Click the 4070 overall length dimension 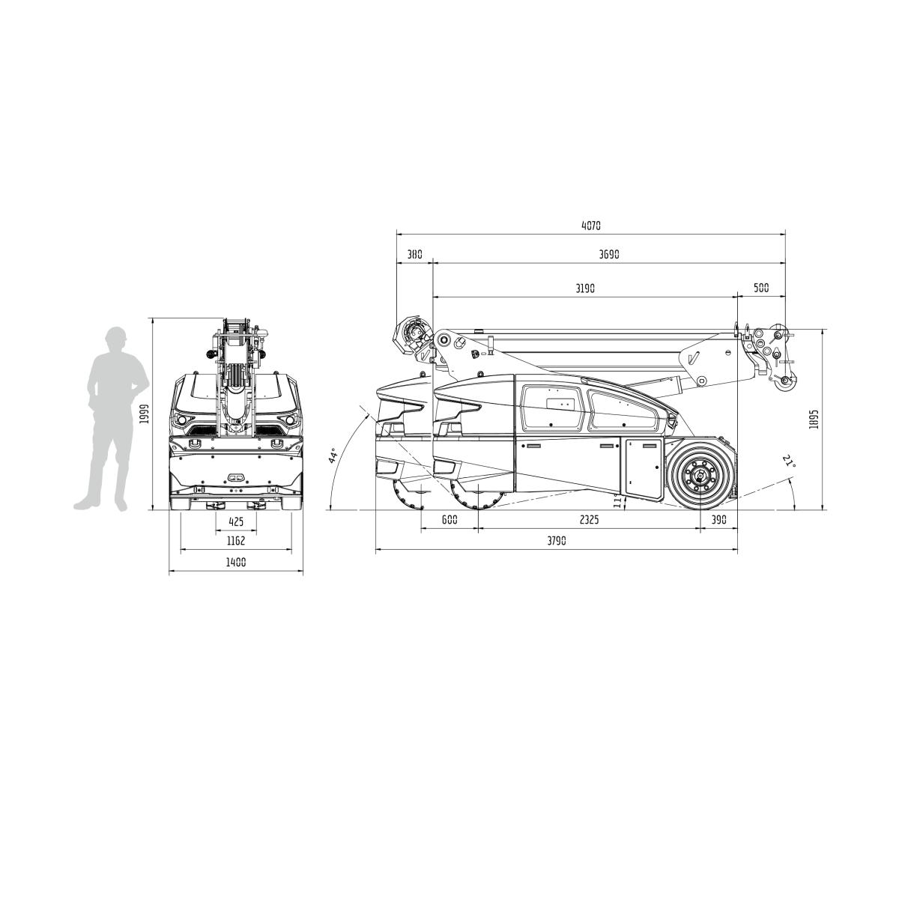click(x=591, y=225)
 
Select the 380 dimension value click(x=414, y=254)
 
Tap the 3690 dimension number click(x=609, y=254)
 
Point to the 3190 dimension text click(x=584, y=288)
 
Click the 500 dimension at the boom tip click(x=761, y=288)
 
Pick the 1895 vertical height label click(x=814, y=420)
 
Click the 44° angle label click(x=333, y=457)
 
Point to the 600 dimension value click(x=449, y=519)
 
